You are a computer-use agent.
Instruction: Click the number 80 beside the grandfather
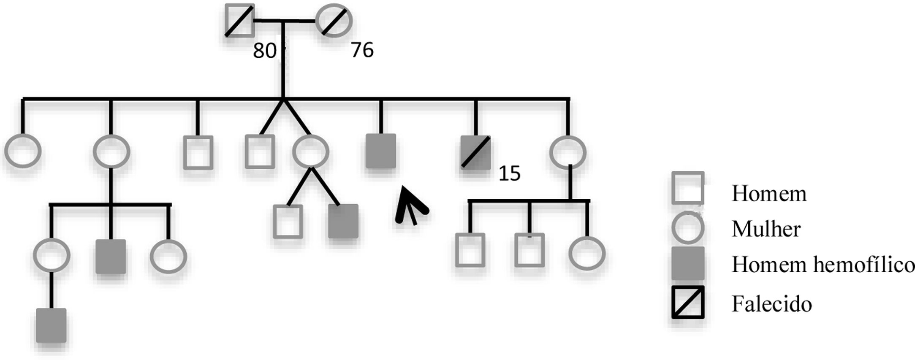264,51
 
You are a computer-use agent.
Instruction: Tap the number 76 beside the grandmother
362,51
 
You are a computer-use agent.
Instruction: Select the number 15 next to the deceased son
510,174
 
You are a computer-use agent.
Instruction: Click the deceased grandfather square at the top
239,21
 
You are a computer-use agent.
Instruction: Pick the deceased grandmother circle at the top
334,21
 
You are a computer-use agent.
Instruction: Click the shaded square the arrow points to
381,151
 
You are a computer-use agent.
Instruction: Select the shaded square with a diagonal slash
475,152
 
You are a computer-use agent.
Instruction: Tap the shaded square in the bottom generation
51,325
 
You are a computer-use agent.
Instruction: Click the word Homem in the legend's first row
769,194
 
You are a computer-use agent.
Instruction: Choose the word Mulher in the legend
766,230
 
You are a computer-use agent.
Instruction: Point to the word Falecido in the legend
771,304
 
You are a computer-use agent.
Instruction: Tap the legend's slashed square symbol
688,302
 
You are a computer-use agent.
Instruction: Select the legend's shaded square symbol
688,264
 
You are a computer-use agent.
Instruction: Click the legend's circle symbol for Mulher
688,228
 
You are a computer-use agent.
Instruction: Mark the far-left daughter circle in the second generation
23,152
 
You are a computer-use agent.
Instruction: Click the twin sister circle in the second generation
311,152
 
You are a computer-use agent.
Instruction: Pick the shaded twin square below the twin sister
343,221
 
